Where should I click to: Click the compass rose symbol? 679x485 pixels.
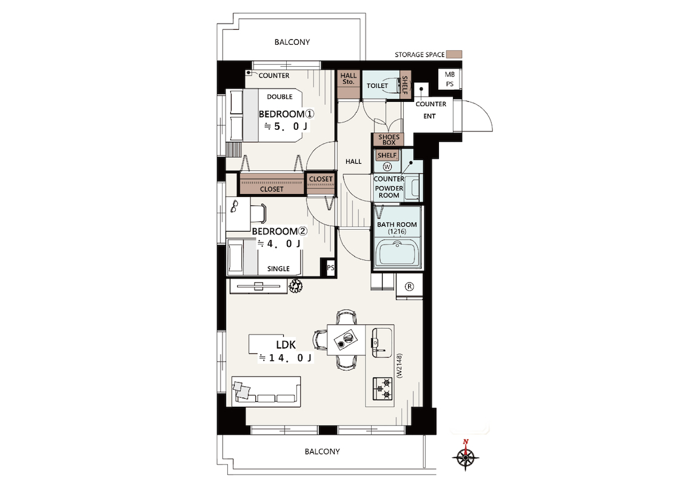click(466, 455)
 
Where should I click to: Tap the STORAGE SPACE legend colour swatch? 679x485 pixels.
click(454, 55)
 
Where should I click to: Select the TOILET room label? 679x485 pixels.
click(377, 85)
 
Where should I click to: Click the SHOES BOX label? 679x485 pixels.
click(389, 139)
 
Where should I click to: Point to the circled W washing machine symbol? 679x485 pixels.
click(387, 167)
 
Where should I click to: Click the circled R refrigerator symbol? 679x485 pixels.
click(409, 287)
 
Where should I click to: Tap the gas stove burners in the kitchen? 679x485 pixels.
click(383, 389)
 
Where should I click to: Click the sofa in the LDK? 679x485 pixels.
click(266, 392)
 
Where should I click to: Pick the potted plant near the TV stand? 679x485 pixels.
click(296, 286)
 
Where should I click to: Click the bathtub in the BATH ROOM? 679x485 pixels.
click(397, 253)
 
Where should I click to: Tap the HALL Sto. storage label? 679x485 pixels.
click(348, 78)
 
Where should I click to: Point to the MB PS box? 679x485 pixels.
click(450, 79)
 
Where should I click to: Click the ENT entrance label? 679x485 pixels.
click(430, 116)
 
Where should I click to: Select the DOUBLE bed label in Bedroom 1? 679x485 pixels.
click(279, 96)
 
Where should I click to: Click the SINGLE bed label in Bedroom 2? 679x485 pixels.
click(278, 269)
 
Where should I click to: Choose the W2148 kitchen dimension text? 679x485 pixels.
click(400, 366)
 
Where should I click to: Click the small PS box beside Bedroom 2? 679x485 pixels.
click(330, 267)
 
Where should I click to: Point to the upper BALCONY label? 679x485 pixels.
click(292, 42)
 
